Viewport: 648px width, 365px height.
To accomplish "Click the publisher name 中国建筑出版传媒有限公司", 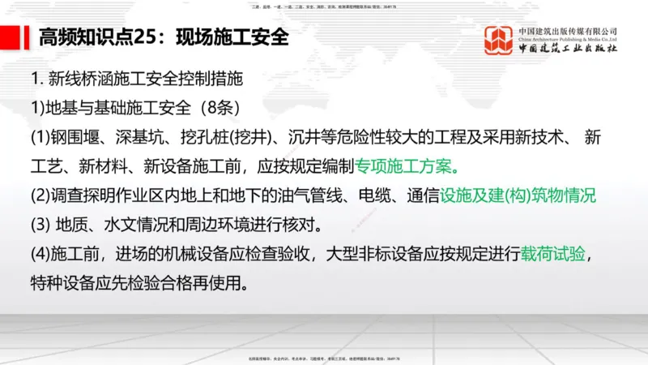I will [x=568, y=31].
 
